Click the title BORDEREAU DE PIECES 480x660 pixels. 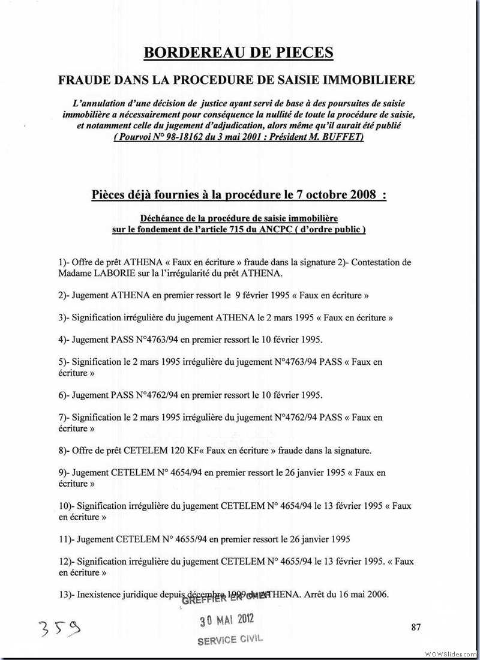(238, 53)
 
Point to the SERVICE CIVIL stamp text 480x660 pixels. (230, 639)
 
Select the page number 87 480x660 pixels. (416, 628)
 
